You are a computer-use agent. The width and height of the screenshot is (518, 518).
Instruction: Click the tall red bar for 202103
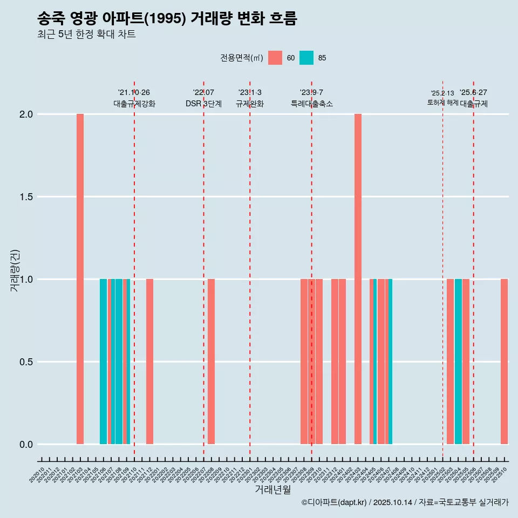point(80,279)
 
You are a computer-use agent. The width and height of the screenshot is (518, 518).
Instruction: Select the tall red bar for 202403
point(358,279)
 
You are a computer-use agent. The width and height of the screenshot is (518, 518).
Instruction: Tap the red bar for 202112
point(149,362)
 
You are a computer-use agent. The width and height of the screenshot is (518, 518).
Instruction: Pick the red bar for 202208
point(211,362)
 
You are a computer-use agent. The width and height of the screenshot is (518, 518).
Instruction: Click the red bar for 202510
point(504,362)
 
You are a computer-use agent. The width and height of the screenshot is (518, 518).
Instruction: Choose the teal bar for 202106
point(103,362)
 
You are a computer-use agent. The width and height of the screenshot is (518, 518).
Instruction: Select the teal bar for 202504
point(458,362)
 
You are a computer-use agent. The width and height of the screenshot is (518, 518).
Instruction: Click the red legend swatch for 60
point(275,58)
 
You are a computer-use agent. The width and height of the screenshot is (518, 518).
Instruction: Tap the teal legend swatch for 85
point(306,58)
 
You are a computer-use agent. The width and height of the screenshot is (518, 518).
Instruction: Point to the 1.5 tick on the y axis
point(25,197)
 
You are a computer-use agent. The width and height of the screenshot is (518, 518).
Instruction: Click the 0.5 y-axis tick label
point(25,362)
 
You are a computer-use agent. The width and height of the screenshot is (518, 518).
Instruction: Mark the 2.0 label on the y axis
point(25,114)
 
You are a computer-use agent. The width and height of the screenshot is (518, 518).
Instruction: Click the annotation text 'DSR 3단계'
point(203,104)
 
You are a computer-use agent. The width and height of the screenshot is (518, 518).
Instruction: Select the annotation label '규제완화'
point(250,104)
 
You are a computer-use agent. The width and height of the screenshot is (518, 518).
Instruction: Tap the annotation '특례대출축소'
point(311,104)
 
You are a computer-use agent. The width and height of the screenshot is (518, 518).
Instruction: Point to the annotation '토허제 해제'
point(442,103)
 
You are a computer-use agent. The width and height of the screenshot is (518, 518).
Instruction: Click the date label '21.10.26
point(134,92)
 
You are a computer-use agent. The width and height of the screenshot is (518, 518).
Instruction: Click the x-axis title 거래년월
point(272,489)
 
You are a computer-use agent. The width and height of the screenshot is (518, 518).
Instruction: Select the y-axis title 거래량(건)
point(15,271)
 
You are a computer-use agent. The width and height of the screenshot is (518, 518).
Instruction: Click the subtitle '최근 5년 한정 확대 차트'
point(86,35)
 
